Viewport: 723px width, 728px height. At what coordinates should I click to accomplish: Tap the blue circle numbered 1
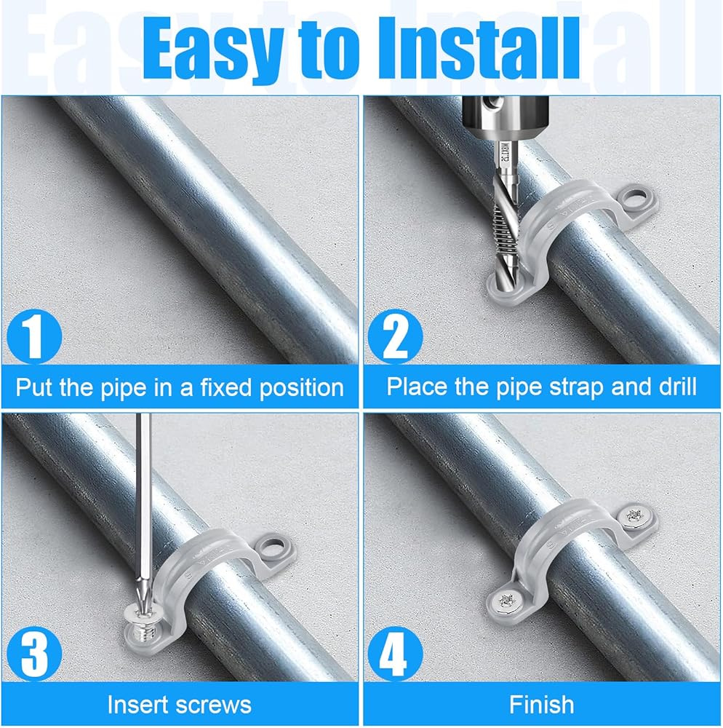pyautogui.click(x=34, y=336)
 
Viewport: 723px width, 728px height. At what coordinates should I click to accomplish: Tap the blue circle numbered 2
pyautogui.click(x=395, y=336)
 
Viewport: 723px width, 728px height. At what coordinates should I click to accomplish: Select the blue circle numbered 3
pyautogui.click(x=34, y=654)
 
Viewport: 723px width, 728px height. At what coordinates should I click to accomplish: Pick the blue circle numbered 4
pyautogui.click(x=395, y=654)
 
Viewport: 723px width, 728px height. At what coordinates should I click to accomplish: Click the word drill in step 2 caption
pyautogui.click(x=678, y=387)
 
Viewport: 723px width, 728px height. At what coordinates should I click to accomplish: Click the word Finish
pyautogui.click(x=541, y=705)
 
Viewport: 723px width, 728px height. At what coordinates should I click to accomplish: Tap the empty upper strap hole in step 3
pyautogui.click(x=274, y=543)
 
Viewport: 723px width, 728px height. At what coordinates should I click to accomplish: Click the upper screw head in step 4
pyautogui.click(x=636, y=517)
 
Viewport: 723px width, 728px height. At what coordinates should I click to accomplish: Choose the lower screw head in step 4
pyautogui.click(x=506, y=601)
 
